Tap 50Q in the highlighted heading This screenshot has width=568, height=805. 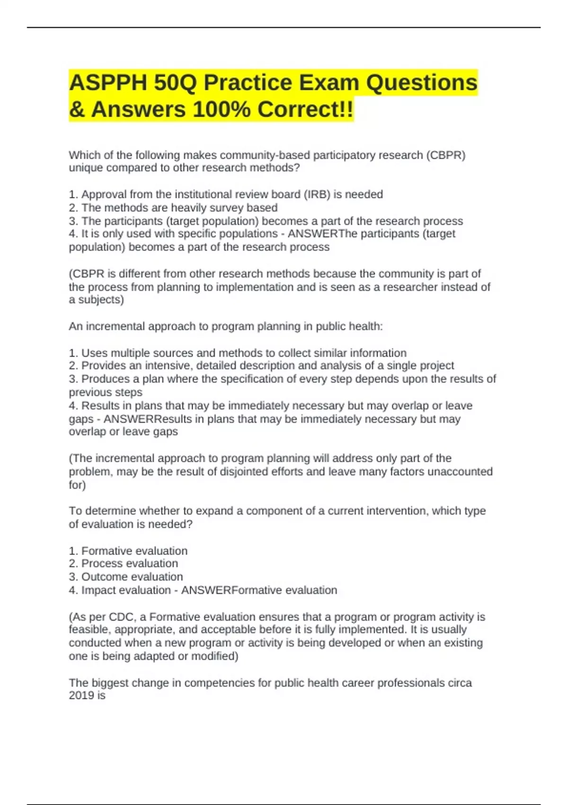pos(175,83)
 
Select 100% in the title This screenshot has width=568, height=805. pos(222,109)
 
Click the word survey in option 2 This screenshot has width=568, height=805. pos(226,207)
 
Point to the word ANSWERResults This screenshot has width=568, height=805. pos(147,419)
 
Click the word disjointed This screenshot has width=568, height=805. pos(261,472)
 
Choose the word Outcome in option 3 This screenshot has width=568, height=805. pos(101,577)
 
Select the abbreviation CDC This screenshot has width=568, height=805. pos(121,617)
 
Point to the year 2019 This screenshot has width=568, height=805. pos(81,696)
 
